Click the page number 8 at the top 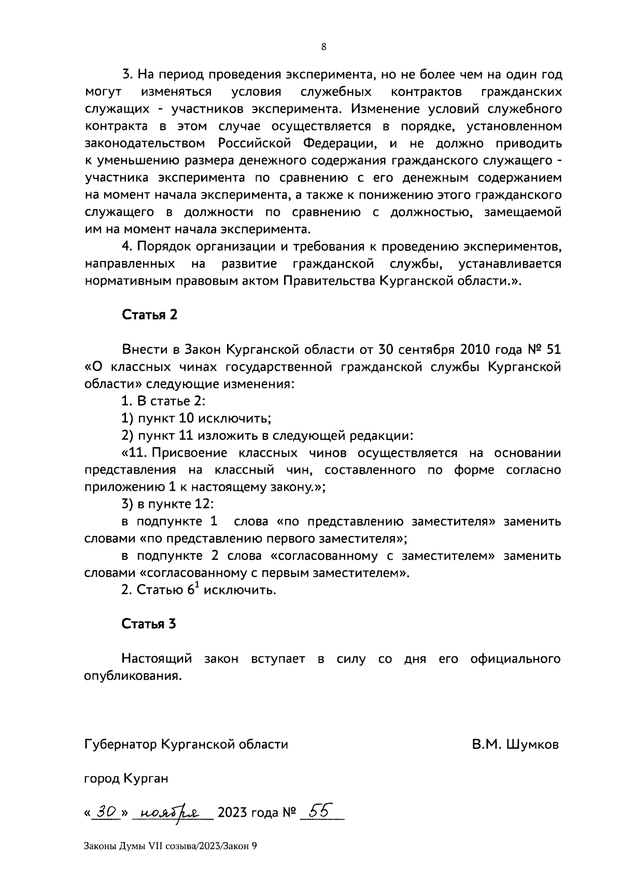[324, 47]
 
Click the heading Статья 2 [149, 315]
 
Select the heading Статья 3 [149, 624]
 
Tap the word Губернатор [120, 745]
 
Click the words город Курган [126, 779]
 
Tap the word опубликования [133, 676]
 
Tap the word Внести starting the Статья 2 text [143, 349]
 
